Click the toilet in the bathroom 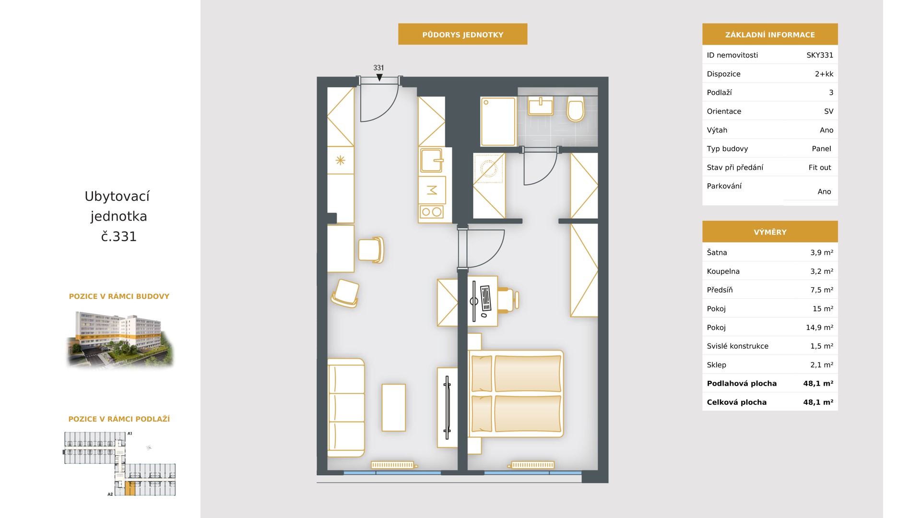[576, 109]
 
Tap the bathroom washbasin [541, 106]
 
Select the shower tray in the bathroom [498, 122]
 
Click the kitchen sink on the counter [431, 160]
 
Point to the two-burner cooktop [432, 212]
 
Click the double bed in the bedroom [516, 394]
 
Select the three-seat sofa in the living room [346, 408]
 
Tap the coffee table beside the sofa [394, 408]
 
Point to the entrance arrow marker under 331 [379, 77]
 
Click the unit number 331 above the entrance [378, 68]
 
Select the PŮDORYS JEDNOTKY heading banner [463, 35]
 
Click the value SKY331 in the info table [820, 55]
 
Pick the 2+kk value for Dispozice [824, 74]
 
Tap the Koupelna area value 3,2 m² [822, 271]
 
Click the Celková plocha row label [737, 402]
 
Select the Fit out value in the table [820, 167]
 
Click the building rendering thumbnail [120, 339]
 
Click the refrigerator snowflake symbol [340, 160]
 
